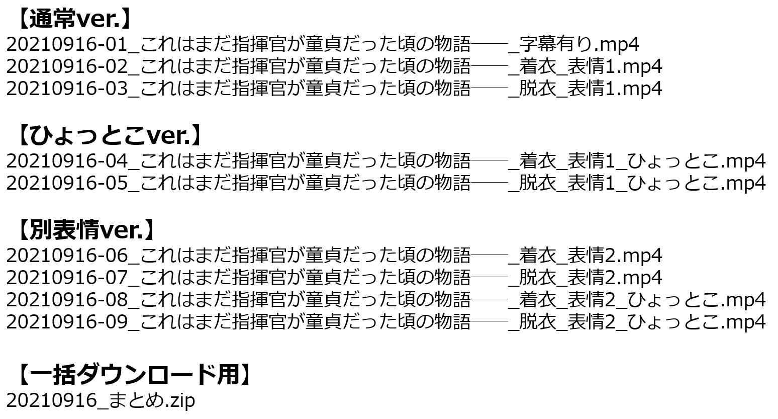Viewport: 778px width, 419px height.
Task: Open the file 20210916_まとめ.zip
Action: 101,400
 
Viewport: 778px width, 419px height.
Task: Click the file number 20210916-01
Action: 67,44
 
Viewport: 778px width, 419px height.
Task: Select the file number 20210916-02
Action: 67,66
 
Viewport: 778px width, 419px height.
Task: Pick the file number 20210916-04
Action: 67,161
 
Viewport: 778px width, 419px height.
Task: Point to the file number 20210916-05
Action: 67,183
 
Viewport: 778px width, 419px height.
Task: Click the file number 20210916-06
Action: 67,256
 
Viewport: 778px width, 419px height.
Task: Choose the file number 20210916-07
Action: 67,278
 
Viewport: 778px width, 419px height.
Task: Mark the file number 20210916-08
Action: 67,299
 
